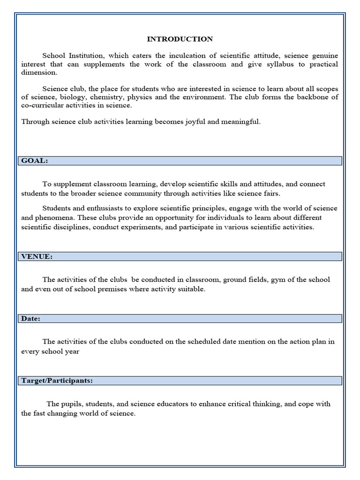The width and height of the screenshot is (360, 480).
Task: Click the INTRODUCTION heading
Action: point(180,39)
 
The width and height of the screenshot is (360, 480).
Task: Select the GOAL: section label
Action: point(34,161)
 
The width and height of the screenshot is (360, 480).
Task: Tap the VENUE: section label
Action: point(37,256)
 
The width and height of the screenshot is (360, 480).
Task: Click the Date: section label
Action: point(31,319)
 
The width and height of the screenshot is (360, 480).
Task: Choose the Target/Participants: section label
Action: point(57,381)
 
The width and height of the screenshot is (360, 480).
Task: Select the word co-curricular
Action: point(43,105)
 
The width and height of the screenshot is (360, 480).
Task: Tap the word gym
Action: point(277,280)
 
